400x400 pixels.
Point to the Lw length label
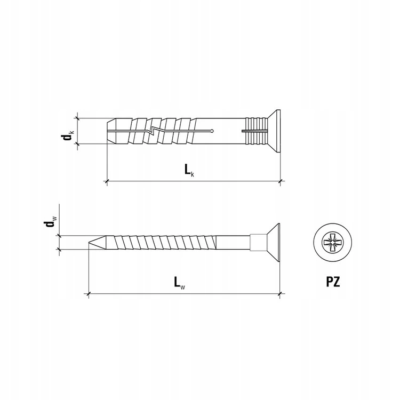click(179, 283)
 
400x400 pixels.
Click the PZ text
click(333, 282)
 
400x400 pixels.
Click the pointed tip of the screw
click(89, 242)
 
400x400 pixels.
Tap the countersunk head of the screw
click(274, 242)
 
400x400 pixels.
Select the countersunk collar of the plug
click(274, 131)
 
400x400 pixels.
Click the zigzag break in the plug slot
click(153, 130)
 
